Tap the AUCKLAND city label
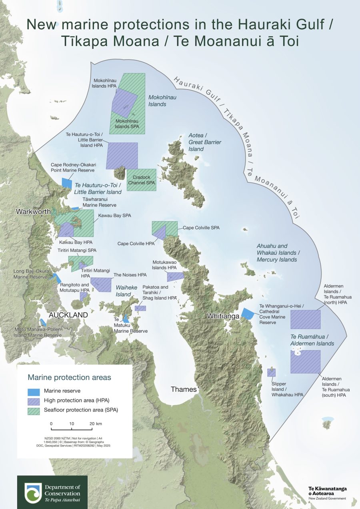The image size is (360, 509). (68, 315)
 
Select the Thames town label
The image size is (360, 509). (184, 389)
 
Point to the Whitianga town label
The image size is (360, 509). (223, 316)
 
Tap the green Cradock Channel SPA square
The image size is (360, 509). (141, 180)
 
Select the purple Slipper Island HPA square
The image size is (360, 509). (271, 373)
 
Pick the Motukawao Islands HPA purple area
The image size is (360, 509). (175, 276)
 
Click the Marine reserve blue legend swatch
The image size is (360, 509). (34, 391)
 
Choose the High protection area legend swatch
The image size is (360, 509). (34, 400)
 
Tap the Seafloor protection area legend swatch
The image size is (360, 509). (34, 410)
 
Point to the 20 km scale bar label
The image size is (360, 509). (96, 423)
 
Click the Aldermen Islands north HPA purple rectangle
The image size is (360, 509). (305, 319)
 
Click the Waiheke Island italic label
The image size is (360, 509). (124, 291)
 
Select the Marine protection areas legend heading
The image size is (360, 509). (69, 377)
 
